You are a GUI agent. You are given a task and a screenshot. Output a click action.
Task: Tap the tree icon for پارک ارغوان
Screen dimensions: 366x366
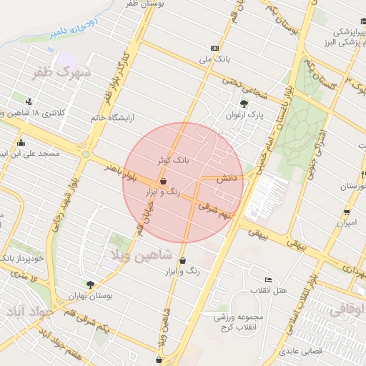244,104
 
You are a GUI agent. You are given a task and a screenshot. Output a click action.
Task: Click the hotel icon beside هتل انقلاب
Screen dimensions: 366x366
268,280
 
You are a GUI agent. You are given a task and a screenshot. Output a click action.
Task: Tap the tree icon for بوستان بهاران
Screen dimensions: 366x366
90,285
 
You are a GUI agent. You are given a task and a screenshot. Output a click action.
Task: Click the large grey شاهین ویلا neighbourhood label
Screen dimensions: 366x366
140,254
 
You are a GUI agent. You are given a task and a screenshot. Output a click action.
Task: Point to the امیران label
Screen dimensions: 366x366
346,224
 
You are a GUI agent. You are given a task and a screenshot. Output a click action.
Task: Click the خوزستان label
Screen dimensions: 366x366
347,186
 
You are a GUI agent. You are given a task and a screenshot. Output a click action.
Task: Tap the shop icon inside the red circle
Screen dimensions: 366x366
164,182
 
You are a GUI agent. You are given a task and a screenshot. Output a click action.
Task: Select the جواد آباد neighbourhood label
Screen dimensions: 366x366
29,312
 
